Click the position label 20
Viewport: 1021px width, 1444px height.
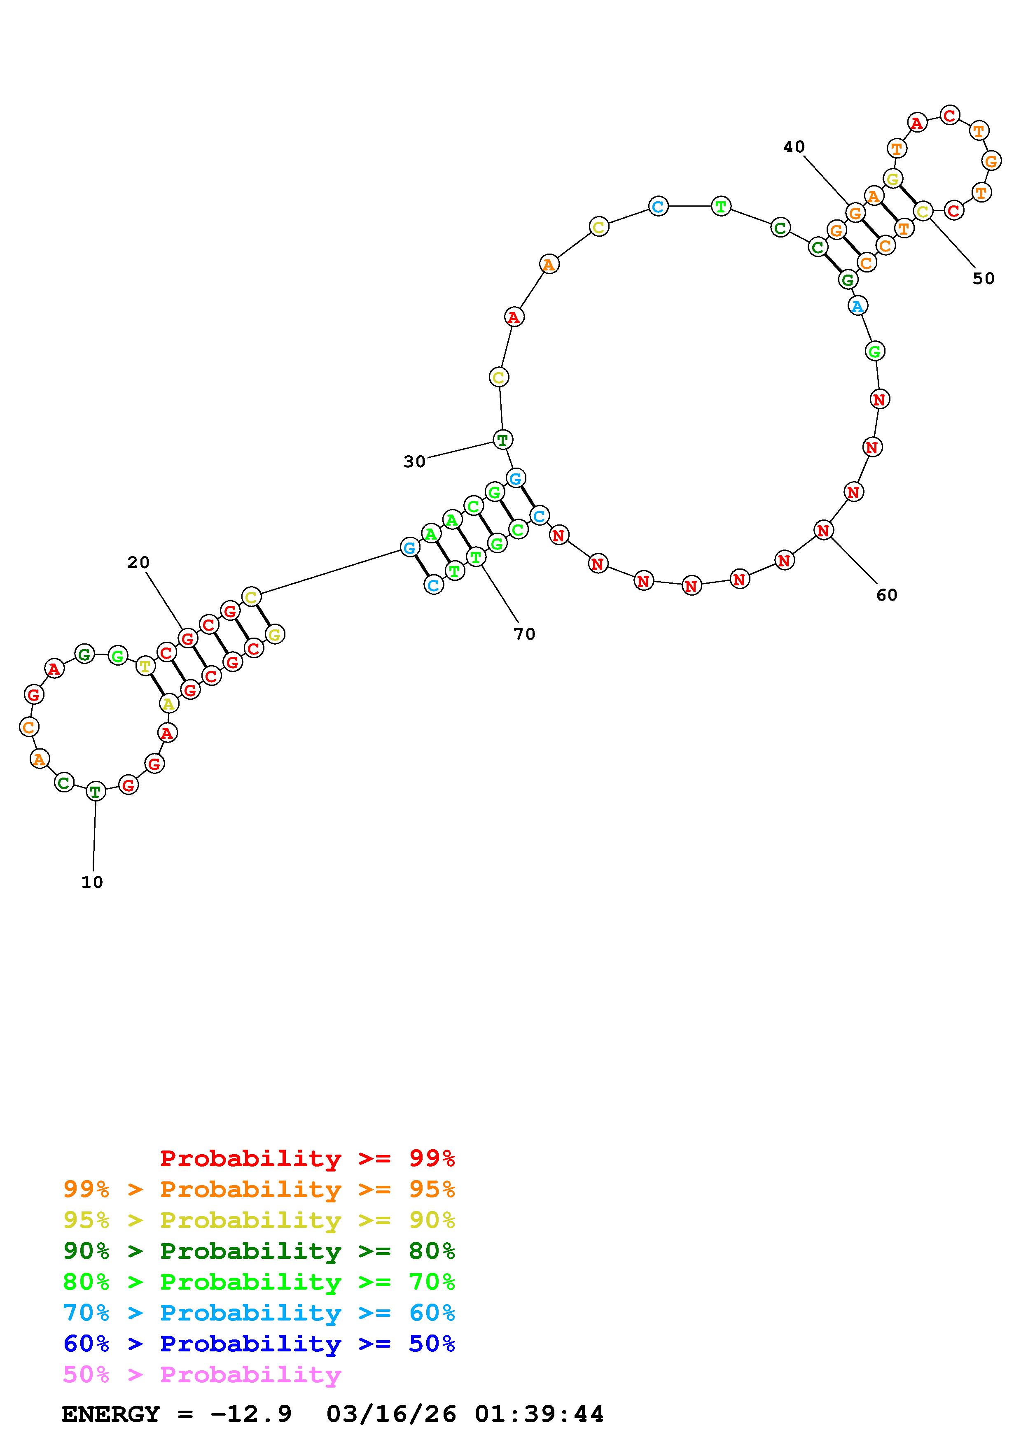[138, 562]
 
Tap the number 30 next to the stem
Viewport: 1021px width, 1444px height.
[415, 461]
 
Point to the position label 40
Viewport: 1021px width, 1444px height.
[794, 147]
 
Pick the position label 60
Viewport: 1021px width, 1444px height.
[887, 594]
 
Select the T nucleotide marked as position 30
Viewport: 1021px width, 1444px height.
[502, 440]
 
